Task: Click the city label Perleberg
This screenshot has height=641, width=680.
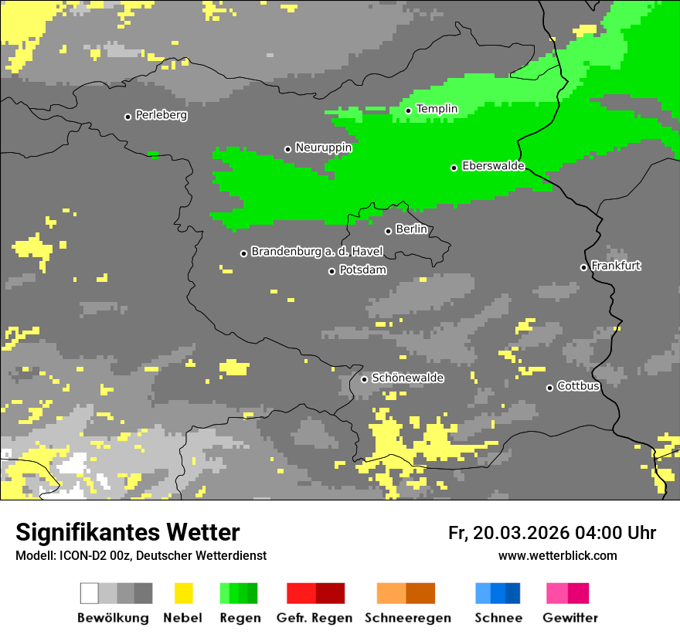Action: [x=161, y=115]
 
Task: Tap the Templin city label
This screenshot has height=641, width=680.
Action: [x=437, y=109]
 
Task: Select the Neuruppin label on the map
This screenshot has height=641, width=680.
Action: [x=323, y=148]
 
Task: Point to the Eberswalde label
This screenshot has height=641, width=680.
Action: [x=493, y=166]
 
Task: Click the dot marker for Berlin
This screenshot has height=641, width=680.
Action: [x=388, y=231]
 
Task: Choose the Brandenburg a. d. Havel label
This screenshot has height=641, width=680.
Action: [x=317, y=252]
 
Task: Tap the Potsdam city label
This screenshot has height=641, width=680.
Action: [x=362, y=270]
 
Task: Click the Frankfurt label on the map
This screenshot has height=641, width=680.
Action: [x=616, y=266]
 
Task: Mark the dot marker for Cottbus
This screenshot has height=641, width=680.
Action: [x=549, y=388]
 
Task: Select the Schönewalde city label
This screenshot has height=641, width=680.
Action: [x=407, y=378]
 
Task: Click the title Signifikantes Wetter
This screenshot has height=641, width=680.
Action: [x=127, y=532]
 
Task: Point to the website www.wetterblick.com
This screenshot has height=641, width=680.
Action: [x=557, y=556]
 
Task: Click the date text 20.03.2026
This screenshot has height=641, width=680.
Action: [x=522, y=533]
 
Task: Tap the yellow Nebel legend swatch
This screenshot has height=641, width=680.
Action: [x=183, y=593]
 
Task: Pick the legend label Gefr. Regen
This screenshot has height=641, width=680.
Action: [x=314, y=618]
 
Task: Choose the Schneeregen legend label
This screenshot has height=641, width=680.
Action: [x=408, y=618]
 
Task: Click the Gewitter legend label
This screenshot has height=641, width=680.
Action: [x=569, y=618]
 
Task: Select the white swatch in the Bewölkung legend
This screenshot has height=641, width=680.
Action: [x=90, y=593]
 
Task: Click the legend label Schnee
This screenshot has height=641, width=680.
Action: [x=498, y=618]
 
